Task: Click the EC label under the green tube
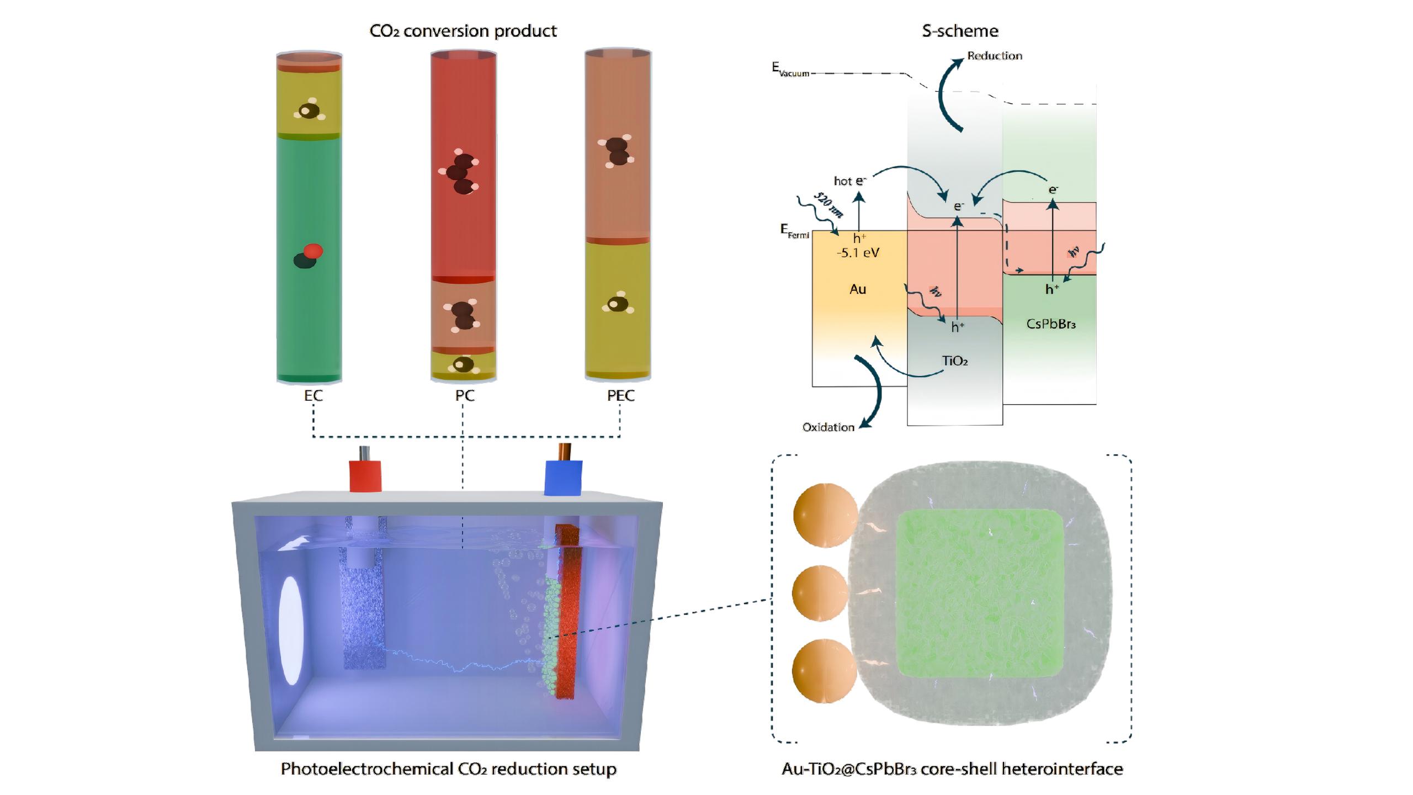pyautogui.click(x=313, y=395)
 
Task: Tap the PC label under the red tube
pyautogui.click(x=465, y=395)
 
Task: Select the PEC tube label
pyautogui.click(x=620, y=395)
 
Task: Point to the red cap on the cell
pyautogui.click(x=365, y=476)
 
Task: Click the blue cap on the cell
pyautogui.click(x=563, y=478)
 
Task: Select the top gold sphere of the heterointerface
pyautogui.click(x=825, y=515)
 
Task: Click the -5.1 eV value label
pyautogui.click(x=858, y=253)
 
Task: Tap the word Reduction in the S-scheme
pyautogui.click(x=995, y=56)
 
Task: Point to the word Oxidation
pyautogui.click(x=828, y=427)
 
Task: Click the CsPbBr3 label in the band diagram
pyautogui.click(x=1051, y=324)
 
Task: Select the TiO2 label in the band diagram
pyautogui.click(x=955, y=361)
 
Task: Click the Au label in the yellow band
pyautogui.click(x=857, y=289)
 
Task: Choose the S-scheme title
pyautogui.click(x=960, y=31)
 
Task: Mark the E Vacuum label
pyautogui.click(x=790, y=70)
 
